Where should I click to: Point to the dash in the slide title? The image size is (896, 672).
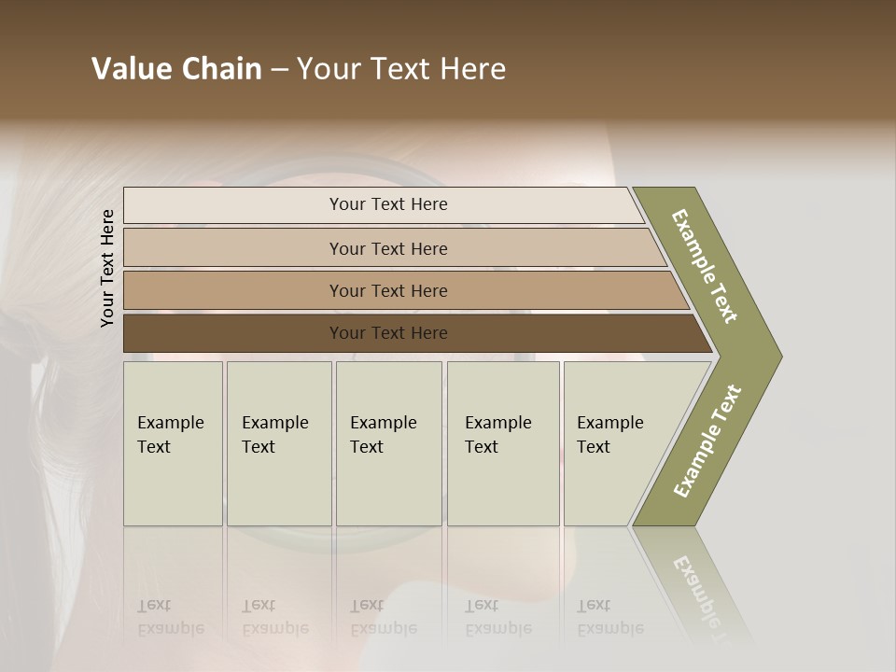[279, 70]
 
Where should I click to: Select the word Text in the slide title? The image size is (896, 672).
[399, 69]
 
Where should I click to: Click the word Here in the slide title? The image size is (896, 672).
[472, 69]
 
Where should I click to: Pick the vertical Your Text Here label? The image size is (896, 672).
[107, 269]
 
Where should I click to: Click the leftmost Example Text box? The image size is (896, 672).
[173, 443]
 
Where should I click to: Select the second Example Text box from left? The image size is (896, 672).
[278, 443]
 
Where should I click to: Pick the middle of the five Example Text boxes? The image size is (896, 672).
[388, 443]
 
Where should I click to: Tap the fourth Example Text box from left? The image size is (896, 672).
[503, 443]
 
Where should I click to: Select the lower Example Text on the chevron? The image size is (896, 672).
[707, 441]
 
